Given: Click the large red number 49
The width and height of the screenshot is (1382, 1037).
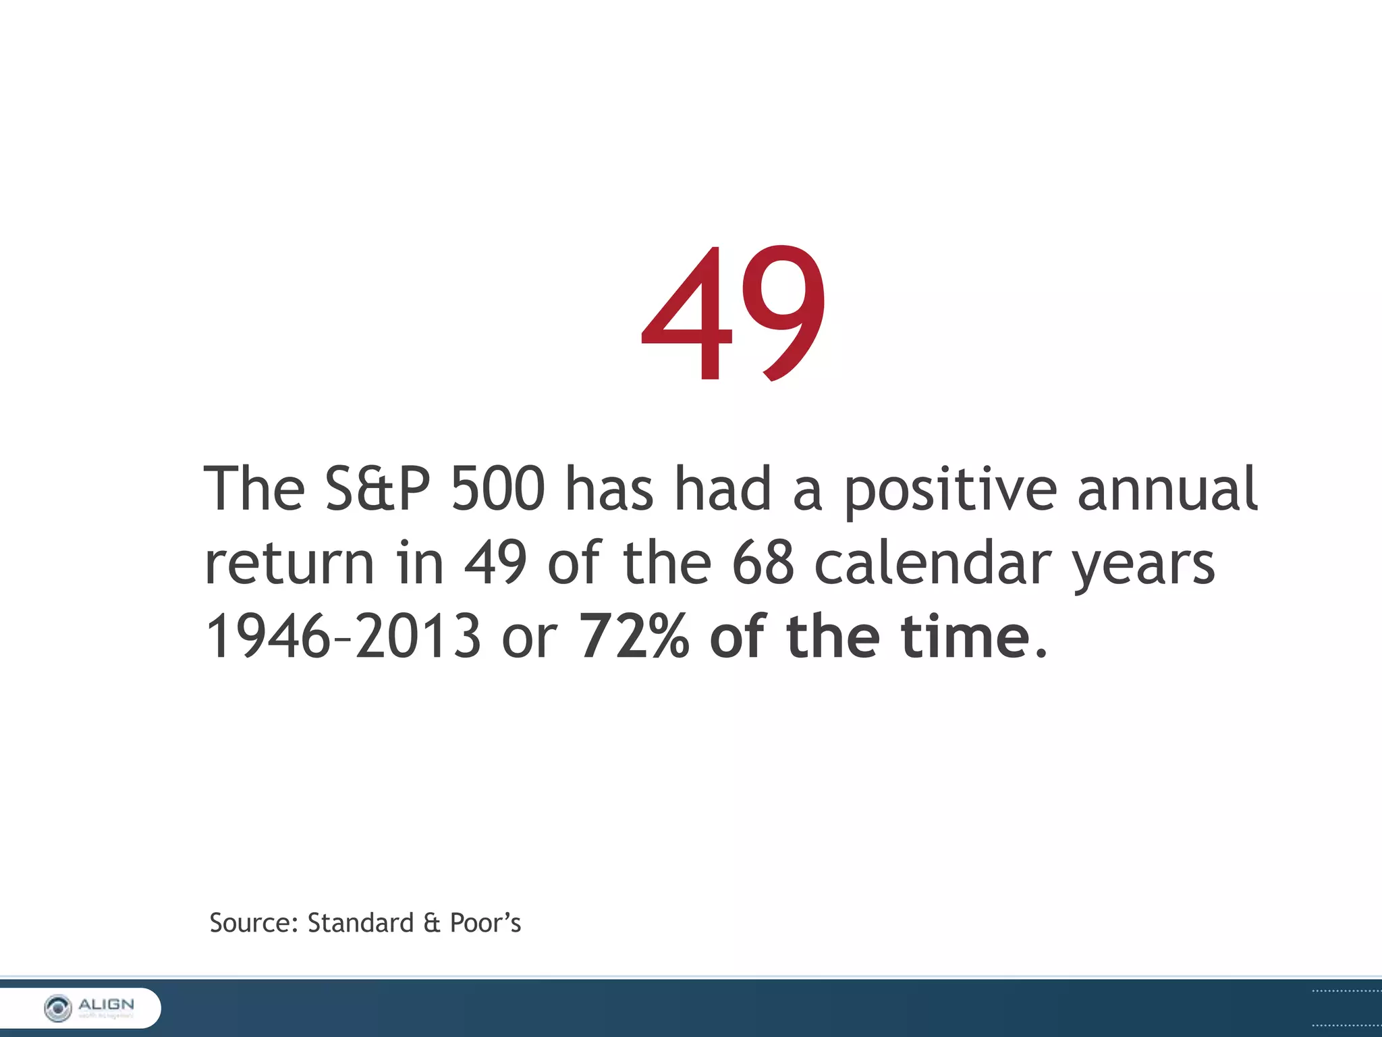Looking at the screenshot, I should [734, 313].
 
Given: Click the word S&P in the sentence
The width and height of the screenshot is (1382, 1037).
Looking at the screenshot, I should [377, 488].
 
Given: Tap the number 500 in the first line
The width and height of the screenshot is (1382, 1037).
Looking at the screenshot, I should [497, 488].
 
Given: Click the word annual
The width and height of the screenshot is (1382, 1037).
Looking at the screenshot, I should [1167, 488].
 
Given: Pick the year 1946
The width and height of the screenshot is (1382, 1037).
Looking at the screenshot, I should [267, 637].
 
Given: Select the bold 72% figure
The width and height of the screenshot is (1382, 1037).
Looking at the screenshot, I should [634, 637].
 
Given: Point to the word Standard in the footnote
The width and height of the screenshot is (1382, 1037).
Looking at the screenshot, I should [360, 923].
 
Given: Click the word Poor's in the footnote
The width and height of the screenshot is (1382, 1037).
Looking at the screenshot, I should [485, 923].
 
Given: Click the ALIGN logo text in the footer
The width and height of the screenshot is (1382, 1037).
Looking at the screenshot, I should [107, 1005].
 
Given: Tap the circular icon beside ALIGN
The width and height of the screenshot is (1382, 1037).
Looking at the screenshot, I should [58, 1008].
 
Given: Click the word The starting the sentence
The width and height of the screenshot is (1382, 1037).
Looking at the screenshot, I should [254, 488].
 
